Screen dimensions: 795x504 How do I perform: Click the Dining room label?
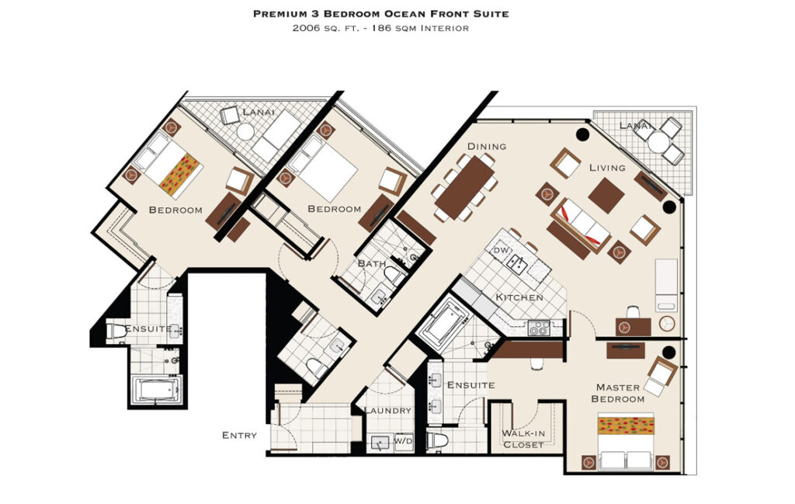[487, 147]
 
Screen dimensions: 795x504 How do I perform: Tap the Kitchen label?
[519, 297]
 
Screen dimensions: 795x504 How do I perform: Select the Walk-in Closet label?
[523, 439]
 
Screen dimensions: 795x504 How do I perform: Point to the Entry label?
[239, 435]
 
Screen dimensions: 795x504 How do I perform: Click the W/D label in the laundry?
[404, 441]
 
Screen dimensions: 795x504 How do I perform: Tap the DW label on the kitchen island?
[501, 251]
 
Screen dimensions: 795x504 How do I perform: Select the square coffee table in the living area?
[606, 195]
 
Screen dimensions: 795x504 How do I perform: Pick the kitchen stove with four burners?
[539, 328]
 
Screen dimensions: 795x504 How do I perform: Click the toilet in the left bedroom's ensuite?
[116, 331]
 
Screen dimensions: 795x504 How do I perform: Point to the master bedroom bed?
[626, 441]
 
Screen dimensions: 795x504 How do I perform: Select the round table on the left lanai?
[245, 132]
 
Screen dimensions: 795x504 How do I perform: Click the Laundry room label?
[388, 411]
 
